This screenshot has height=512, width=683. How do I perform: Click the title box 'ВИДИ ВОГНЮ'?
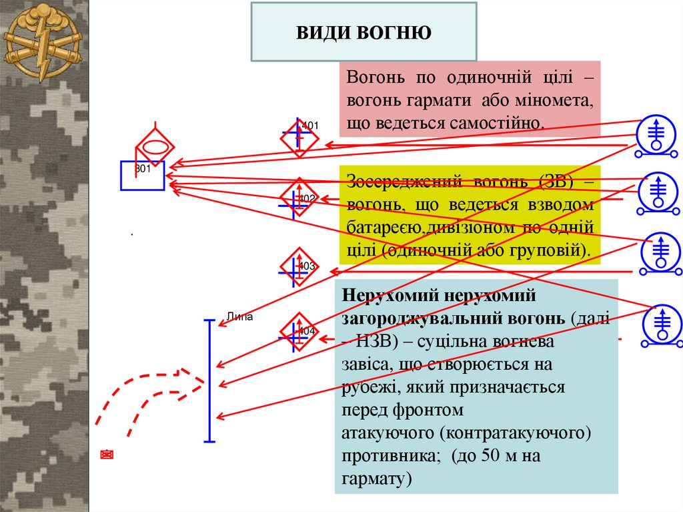coord(364,32)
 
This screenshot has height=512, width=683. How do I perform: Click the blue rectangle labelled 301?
coord(142,176)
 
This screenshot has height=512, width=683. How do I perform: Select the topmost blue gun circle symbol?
coord(658,134)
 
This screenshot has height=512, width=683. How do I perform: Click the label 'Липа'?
coord(240,317)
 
